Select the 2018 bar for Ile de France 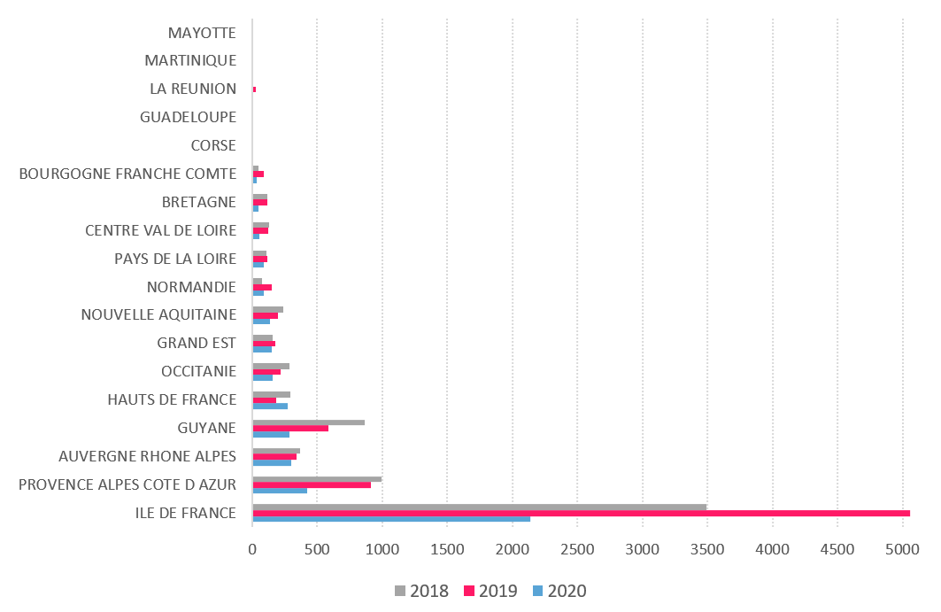pyautogui.click(x=479, y=507)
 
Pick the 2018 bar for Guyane pyautogui.click(x=308, y=422)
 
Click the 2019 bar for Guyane pyautogui.click(x=290, y=429)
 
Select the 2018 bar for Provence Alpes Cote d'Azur pyautogui.click(x=317, y=478)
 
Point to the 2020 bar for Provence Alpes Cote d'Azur pyautogui.click(x=280, y=490)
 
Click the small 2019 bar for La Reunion pyautogui.click(x=254, y=89)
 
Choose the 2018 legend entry pyautogui.click(x=420, y=591)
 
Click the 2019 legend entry pyautogui.click(x=490, y=591)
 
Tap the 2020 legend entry pyautogui.click(x=559, y=591)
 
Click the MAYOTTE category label pyautogui.click(x=202, y=33)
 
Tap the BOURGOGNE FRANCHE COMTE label pyautogui.click(x=127, y=174)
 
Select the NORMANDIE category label pyautogui.click(x=191, y=287)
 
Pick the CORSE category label pyautogui.click(x=213, y=145)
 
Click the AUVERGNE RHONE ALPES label pyautogui.click(x=147, y=456)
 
